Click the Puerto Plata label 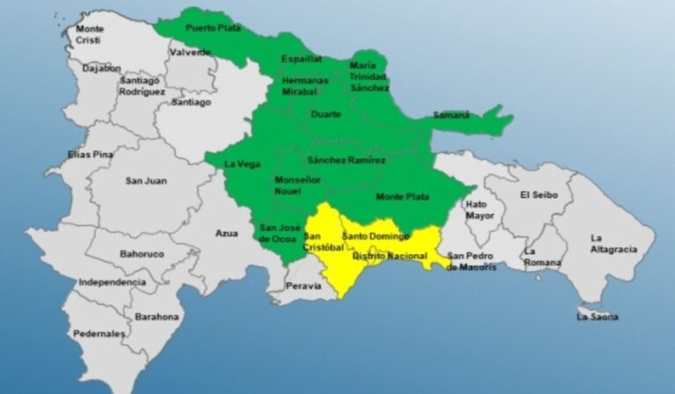(214, 27)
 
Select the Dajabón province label (101, 67)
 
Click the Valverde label (190, 52)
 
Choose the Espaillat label (301, 58)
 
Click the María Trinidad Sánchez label (368, 77)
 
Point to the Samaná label (451, 115)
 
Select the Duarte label (326, 113)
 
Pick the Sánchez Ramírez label (346, 160)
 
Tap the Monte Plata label (403, 197)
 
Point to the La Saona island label (598, 316)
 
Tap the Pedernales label (99, 334)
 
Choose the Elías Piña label (91, 155)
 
